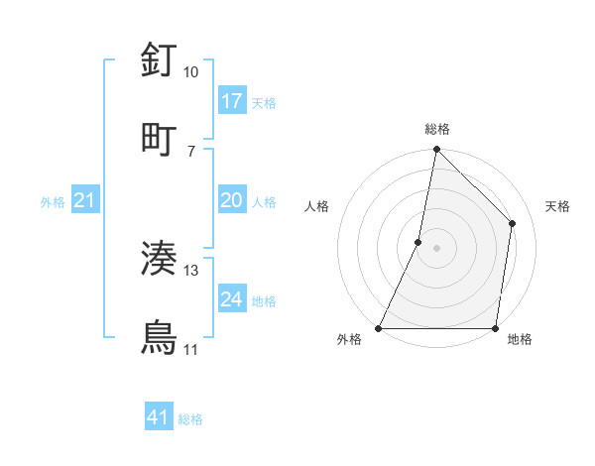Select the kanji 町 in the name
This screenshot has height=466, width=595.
160,139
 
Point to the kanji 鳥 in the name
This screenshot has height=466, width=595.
160,337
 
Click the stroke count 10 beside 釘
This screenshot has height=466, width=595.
191,72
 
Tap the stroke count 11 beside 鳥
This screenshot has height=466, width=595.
191,350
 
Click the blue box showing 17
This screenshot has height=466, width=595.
232,101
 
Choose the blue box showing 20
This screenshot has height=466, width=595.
232,200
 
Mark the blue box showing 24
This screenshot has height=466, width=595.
232,299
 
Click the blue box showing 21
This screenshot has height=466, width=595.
85,201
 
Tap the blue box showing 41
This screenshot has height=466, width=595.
159,418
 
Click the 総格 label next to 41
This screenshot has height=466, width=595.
190,419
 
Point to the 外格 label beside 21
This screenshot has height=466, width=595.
53,202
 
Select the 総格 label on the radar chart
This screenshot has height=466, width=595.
437,129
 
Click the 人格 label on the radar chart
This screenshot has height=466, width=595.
317,206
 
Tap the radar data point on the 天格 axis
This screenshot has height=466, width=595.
513,223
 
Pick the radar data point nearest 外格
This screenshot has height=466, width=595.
379,328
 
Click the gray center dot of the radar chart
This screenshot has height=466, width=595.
436,248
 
